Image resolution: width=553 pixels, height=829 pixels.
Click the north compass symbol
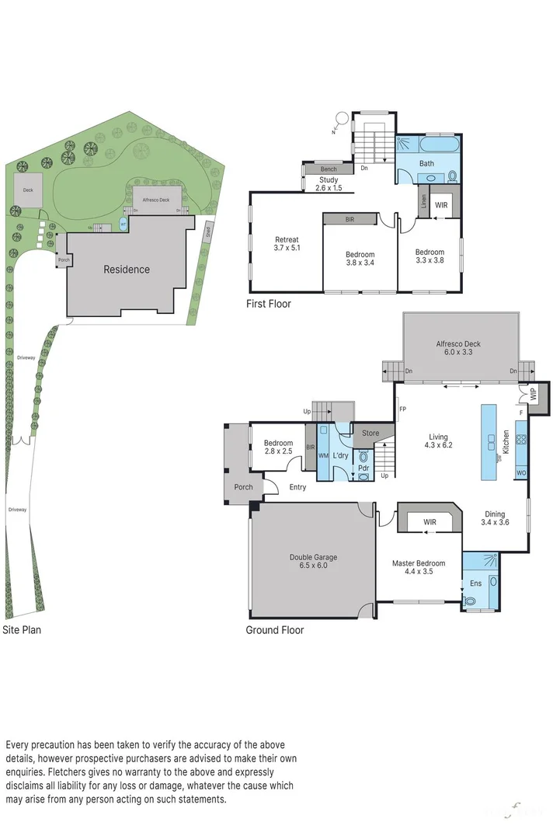coord(340,119)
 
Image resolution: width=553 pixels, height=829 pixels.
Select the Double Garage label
coord(314,561)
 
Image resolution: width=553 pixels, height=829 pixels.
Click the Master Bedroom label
coord(419,567)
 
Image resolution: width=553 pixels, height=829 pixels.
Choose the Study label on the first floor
coord(329,184)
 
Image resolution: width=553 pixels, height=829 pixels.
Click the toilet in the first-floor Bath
coord(450,177)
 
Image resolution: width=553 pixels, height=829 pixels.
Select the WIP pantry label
coord(533,394)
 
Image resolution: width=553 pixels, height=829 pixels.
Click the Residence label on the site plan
coord(127,270)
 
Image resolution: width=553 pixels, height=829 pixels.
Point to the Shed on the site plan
coord(207,232)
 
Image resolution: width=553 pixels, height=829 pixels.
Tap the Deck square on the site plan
coord(28,190)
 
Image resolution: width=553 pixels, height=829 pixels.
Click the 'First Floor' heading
coord(269,304)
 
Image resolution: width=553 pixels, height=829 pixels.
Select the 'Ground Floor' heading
coord(275,630)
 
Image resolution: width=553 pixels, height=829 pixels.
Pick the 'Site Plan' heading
coord(22,630)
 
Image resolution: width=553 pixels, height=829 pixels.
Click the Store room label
coord(371,433)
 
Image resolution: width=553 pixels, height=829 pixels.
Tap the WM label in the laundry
coord(324,455)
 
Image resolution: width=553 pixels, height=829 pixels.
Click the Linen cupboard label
coord(423,204)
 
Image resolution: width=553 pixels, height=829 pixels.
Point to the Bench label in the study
coord(329,169)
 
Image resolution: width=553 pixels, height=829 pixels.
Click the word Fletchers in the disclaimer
coord(69,772)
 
